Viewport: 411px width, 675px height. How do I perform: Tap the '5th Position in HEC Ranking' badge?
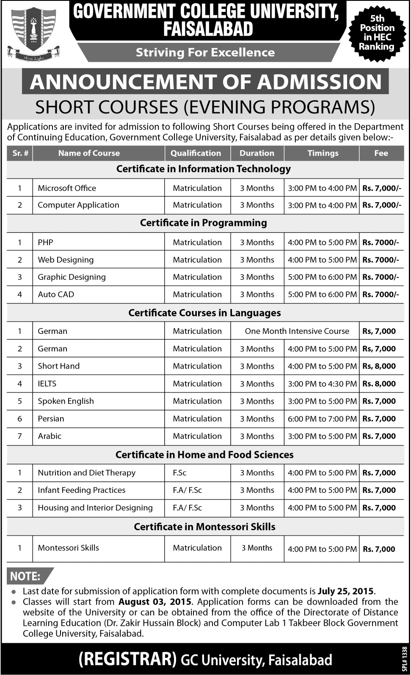(x=377, y=33)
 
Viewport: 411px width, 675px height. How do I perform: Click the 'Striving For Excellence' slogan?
(x=205, y=53)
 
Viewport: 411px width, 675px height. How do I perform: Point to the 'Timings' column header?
(x=323, y=153)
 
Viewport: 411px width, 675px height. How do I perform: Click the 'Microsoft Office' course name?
(x=67, y=188)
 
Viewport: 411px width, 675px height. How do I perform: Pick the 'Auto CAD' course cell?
(x=56, y=294)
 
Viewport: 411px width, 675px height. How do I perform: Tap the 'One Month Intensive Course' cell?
(x=297, y=331)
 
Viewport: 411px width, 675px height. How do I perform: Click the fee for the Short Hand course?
(x=379, y=366)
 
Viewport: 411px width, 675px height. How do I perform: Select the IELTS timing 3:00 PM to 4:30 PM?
(x=322, y=384)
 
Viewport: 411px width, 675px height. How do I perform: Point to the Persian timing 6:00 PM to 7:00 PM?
(x=322, y=419)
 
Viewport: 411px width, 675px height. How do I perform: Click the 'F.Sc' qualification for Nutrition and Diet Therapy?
(x=179, y=473)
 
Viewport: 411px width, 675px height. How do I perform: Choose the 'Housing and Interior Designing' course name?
(x=95, y=508)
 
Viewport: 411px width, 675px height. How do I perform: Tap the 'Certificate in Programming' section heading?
(x=204, y=223)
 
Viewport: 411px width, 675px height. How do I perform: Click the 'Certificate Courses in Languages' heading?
(x=204, y=313)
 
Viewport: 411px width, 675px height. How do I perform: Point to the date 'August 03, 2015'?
(x=155, y=602)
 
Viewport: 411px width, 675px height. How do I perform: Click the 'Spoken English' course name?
(x=66, y=401)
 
